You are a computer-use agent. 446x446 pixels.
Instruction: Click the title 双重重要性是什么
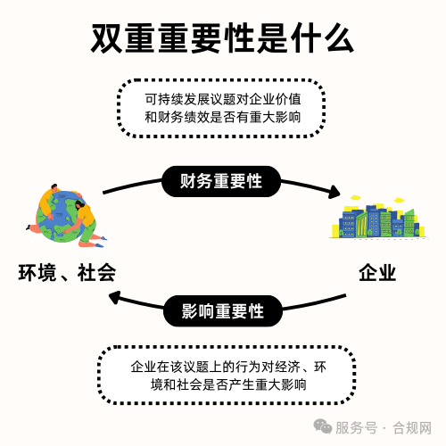point(222,38)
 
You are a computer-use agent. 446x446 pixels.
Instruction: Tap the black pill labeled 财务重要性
point(221,181)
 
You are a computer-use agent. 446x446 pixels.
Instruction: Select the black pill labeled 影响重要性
point(223,311)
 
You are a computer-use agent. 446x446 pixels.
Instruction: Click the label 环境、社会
point(67,273)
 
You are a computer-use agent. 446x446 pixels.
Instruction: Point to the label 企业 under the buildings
point(377,273)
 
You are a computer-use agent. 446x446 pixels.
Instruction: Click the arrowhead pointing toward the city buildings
point(334,192)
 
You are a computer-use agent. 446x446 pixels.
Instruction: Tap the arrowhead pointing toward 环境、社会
point(115,297)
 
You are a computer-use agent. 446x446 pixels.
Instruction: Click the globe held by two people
point(62,216)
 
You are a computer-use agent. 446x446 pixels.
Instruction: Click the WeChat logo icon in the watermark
point(323,427)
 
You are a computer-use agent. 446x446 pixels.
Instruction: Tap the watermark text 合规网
point(412,428)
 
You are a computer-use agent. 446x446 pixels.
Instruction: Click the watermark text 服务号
point(357,428)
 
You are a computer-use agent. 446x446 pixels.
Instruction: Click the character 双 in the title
point(106,38)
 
